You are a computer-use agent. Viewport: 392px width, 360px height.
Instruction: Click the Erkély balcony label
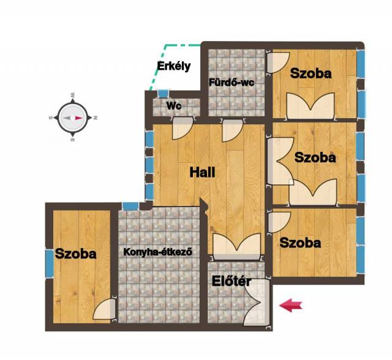pyautogui.click(x=174, y=66)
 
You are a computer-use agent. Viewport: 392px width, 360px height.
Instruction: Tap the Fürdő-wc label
pyautogui.click(x=232, y=83)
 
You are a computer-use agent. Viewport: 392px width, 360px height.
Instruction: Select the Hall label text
pyautogui.click(x=202, y=173)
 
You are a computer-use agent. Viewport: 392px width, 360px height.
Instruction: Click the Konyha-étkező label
pyautogui.click(x=158, y=252)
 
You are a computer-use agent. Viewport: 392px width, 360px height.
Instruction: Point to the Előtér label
pyautogui.click(x=232, y=281)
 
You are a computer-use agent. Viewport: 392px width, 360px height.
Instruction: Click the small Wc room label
pyautogui.click(x=174, y=106)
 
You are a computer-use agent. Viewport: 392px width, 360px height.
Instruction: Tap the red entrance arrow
pyautogui.click(x=291, y=306)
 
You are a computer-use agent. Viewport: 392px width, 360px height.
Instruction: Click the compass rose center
pyautogui.click(x=72, y=118)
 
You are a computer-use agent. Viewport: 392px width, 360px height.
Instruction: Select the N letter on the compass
pyautogui.click(x=96, y=118)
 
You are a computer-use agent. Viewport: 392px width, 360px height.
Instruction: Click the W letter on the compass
pyautogui.click(x=73, y=95)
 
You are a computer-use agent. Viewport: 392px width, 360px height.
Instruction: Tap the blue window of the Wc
pyautogui.click(x=164, y=94)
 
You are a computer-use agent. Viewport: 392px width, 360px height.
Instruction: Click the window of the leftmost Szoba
pyautogui.click(x=49, y=263)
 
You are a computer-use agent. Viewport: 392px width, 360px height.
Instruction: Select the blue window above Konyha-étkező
pyautogui.click(x=130, y=206)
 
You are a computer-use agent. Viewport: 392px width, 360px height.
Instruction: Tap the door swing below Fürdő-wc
pyautogui.click(x=233, y=130)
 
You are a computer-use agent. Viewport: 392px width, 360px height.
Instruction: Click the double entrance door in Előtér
pyautogui.click(x=257, y=302)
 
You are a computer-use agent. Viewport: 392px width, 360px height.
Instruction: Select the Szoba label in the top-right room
pyautogui.click(x=311, y=73)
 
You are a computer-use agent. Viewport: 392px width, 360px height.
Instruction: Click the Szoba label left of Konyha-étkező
pyautogui.click(x=75, y=254)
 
